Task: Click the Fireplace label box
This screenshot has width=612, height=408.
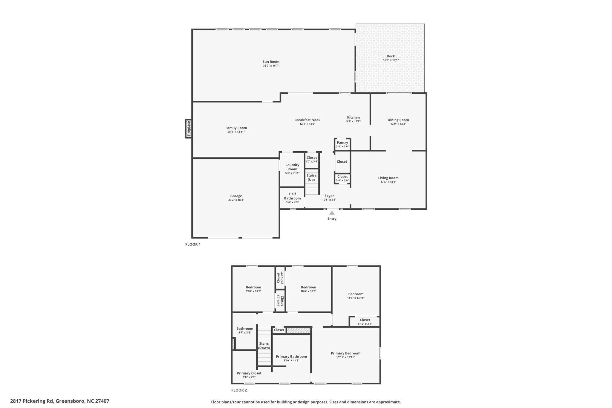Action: [189, 129]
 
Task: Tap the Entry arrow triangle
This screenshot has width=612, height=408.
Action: [332, 213]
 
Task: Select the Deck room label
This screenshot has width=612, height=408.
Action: [391, 56]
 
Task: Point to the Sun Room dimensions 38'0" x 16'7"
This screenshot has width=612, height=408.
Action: [271, 66]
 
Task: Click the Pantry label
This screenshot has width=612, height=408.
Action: [342, 143]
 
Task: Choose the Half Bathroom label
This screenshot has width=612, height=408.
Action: [292, 196]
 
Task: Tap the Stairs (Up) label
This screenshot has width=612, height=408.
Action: [311, 178]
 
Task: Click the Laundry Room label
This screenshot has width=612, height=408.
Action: [292, 167]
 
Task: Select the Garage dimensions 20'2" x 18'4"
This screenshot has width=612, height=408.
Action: [236, 200]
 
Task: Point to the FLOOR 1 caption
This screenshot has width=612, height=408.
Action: [193, 244]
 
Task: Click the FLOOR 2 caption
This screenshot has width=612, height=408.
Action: [239, 390]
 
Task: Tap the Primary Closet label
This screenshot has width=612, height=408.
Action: [249, 373]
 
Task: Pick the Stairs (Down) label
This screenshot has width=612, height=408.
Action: [264, 346]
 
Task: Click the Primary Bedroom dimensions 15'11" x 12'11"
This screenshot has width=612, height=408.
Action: [345, 357]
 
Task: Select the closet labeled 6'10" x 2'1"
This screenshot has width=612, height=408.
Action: [365, 322]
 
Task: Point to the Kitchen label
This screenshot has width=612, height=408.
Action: [353, 117]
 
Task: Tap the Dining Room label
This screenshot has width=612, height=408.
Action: [398, 120]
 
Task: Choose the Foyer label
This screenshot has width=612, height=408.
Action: [329, 196]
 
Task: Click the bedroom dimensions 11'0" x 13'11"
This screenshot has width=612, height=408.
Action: [356, 298]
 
